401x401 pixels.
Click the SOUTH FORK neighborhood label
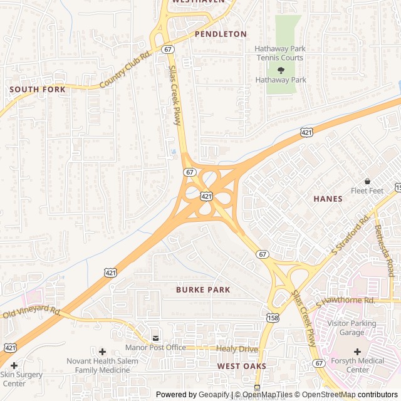point(37,90)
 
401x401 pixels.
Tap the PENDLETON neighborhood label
point(221,34)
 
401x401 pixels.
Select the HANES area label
point(328,199)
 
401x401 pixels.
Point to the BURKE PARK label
point(203,290)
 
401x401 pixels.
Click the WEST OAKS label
point(242,366)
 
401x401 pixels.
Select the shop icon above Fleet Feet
point(367,181)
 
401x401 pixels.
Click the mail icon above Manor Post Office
point(155,338)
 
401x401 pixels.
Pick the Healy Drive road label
point(237,348)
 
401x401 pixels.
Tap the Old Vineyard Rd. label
point(31,311)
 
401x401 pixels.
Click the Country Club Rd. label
point(125,70)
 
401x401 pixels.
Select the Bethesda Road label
point(383,251)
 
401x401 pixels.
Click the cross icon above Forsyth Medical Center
point(357,352)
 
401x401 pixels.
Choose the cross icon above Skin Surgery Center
point(14,365)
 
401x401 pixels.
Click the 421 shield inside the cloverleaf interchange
point(206,196)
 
